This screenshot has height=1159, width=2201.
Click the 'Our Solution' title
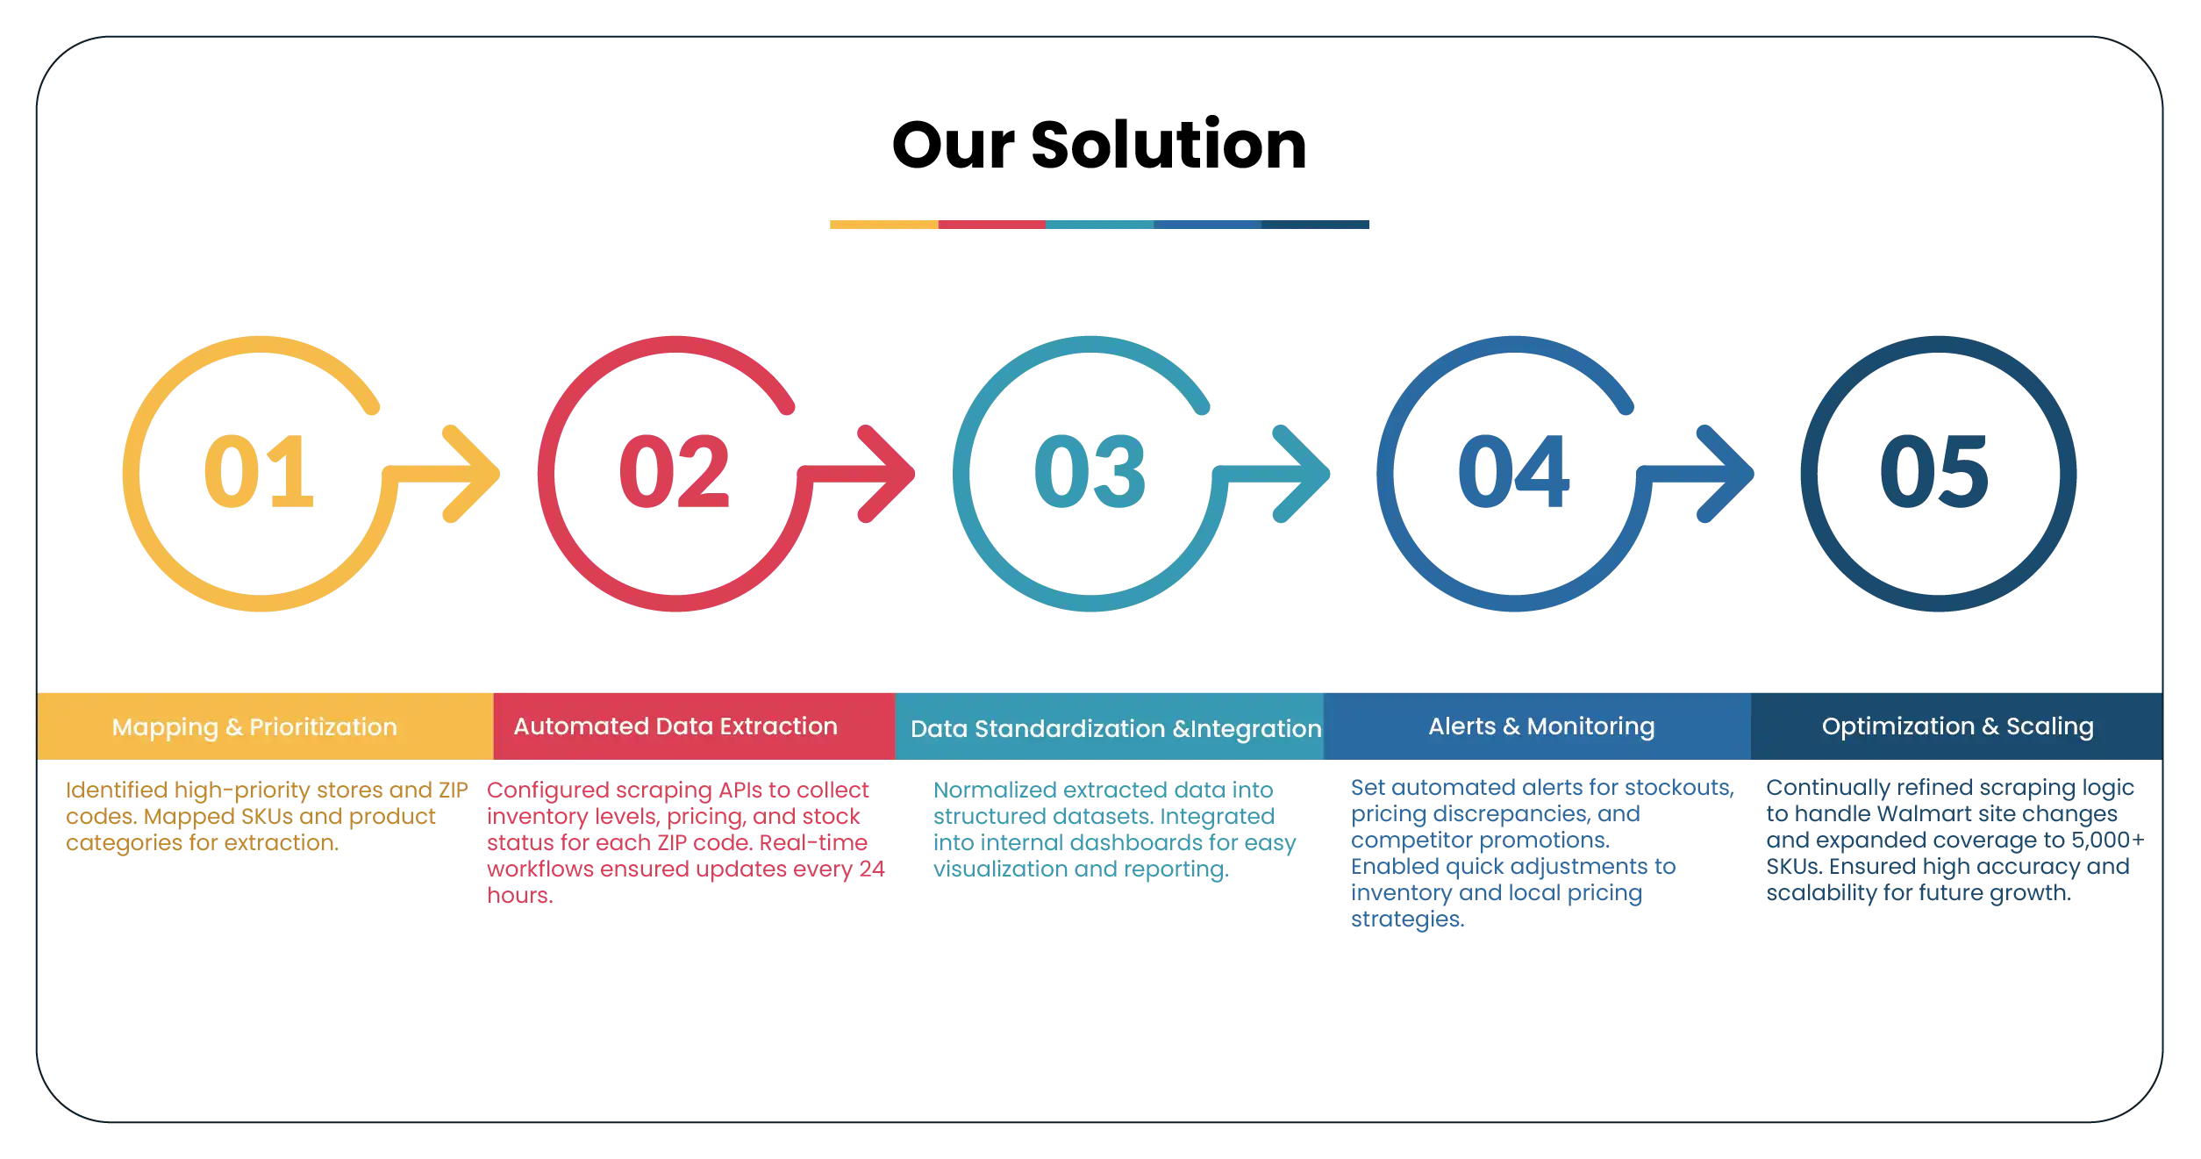(1098, 143)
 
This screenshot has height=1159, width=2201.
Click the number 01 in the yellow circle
(259, 472)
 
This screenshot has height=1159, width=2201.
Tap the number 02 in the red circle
(674, 472)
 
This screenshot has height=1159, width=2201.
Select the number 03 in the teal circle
(1089, 472)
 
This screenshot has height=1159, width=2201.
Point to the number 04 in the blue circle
(1512, 472)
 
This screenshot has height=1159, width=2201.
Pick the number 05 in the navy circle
(1936, 472)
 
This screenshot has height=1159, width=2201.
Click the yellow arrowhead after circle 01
(474, 474)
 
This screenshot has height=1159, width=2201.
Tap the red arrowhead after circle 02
(888, 474)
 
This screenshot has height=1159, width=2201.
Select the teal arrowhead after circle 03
(1304, 474)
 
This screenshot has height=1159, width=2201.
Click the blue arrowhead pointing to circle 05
(1725, 474)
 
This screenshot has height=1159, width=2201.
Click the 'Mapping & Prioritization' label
(254, 726)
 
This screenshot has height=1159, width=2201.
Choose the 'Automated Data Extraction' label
(675, 726)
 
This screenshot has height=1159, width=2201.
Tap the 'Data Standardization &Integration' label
(1115, 728)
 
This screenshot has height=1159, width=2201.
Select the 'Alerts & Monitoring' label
(1541, 726)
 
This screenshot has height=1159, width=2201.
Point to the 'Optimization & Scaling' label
(1957, 726)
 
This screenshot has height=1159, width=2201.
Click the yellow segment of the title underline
(883, 225)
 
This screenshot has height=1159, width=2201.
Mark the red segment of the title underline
(991, 225)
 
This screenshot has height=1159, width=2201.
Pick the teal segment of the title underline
(1099, 225)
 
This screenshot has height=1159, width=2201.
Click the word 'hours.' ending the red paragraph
(518, 895)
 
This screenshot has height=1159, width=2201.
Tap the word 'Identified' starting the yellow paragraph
(115, 791)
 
